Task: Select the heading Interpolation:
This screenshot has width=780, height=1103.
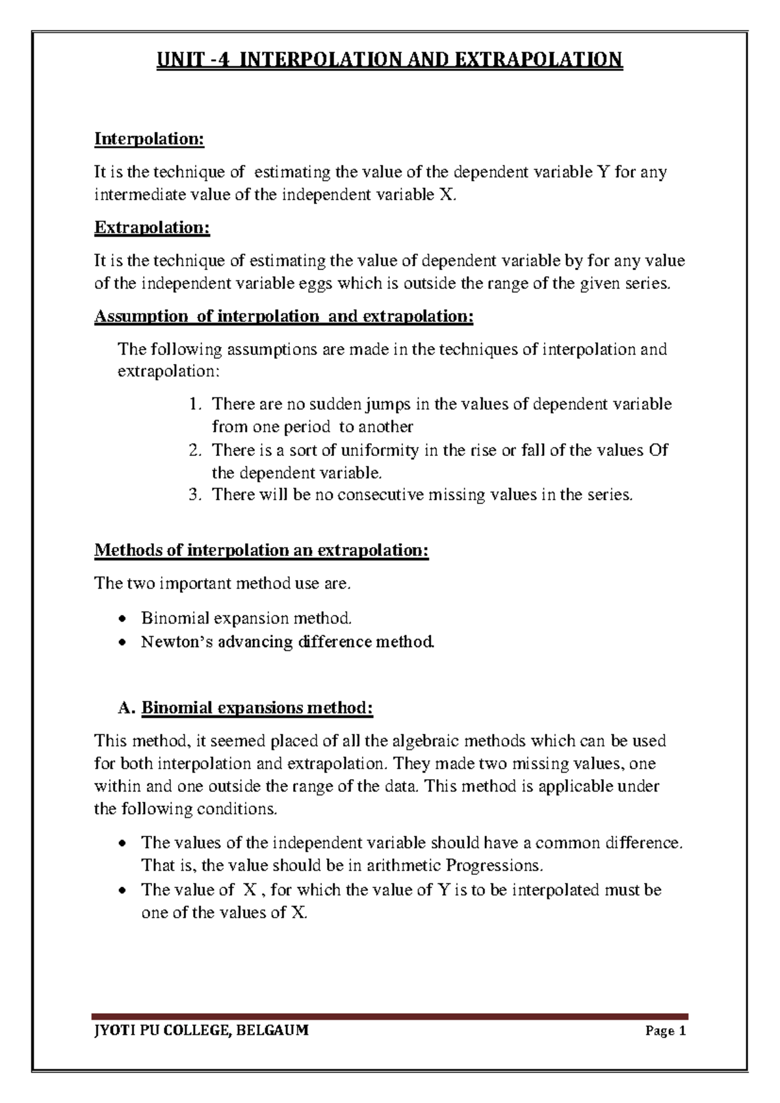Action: pyautogui.click(x=149, y=139)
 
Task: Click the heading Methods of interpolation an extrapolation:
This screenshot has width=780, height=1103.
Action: pyautogui.click(x=262, y=550)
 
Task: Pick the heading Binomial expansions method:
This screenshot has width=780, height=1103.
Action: pyautogui.click(x=257, y=708)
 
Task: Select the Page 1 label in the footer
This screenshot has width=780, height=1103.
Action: pyautogui.click(x=665, y=1031)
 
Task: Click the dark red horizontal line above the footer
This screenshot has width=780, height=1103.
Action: pyautogui.click(x=389, y=1016)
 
